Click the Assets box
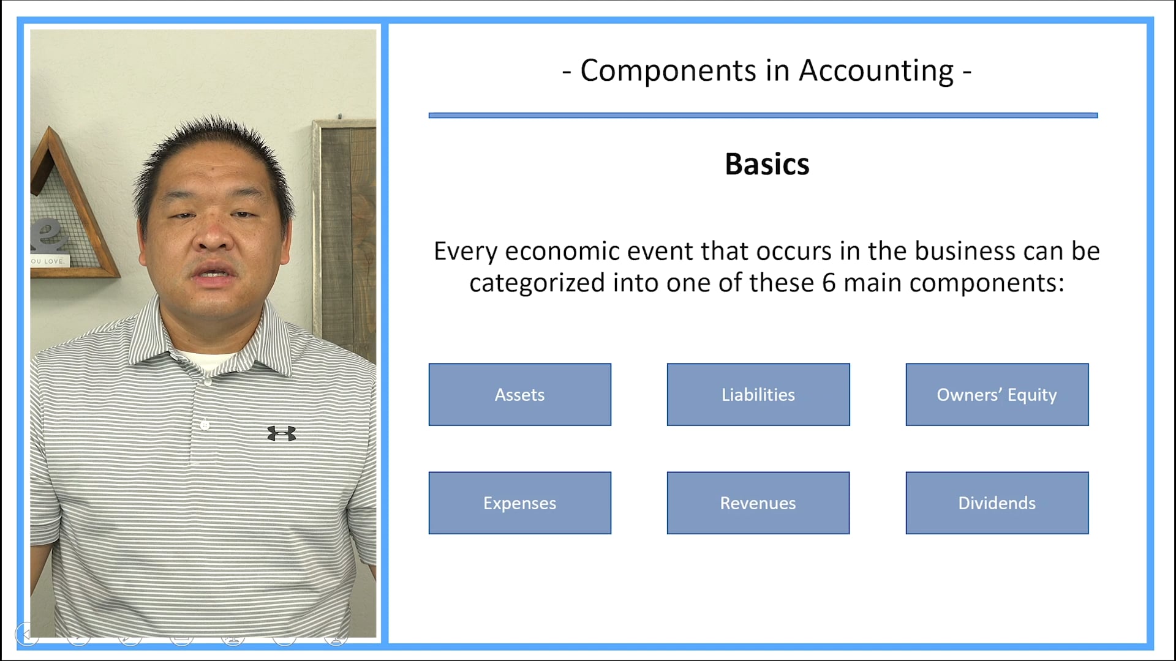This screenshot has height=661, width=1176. coord(519,395)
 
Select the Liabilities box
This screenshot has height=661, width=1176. coord(758,395)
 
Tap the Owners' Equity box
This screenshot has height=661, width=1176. coord(997,395)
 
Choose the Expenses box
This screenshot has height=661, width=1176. coord(519,502)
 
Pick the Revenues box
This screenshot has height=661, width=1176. coord(758,502)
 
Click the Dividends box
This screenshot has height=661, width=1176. coord(997,502)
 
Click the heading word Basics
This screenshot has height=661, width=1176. coord(767,164)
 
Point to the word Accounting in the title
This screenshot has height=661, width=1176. coord(876,71)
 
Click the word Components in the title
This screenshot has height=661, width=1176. coord(668,71)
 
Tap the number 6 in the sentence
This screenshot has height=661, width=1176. coord(828,283)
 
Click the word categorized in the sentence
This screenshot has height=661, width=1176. coord(537,283)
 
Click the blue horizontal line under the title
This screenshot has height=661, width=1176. coord(763,115)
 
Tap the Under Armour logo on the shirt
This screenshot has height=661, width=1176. coord(282,433)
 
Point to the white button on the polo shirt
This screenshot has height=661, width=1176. coord(205,425)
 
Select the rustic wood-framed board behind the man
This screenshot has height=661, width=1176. coord(346,233)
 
